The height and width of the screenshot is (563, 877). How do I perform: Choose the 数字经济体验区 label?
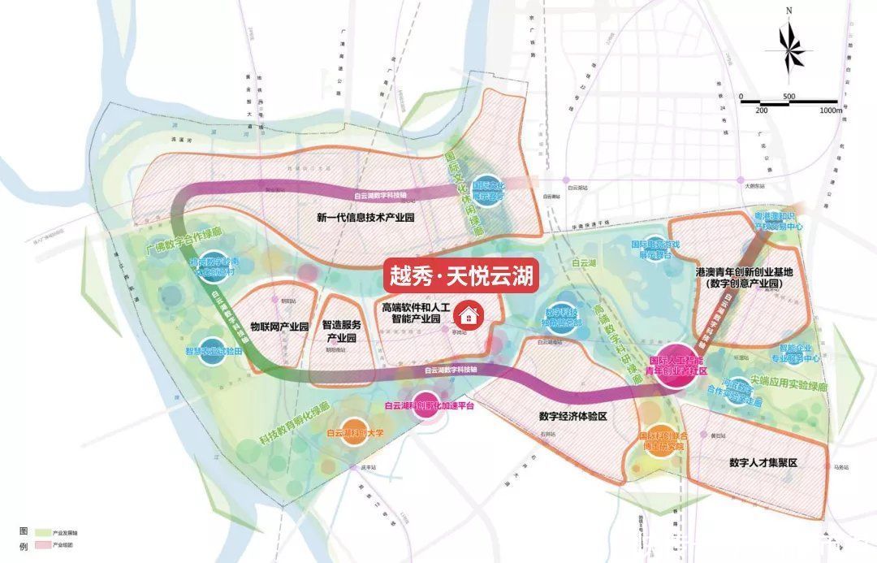click(x=572, y=417)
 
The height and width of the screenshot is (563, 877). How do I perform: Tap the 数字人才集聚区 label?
click(x=764, y=463)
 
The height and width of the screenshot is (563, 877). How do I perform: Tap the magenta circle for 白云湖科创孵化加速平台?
click(x=426, y=405)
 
